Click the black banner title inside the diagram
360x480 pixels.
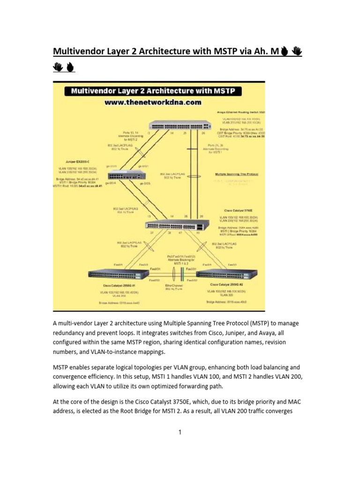[156, 90]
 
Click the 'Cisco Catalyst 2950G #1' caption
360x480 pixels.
[119, 285]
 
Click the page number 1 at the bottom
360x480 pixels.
[180, 432]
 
